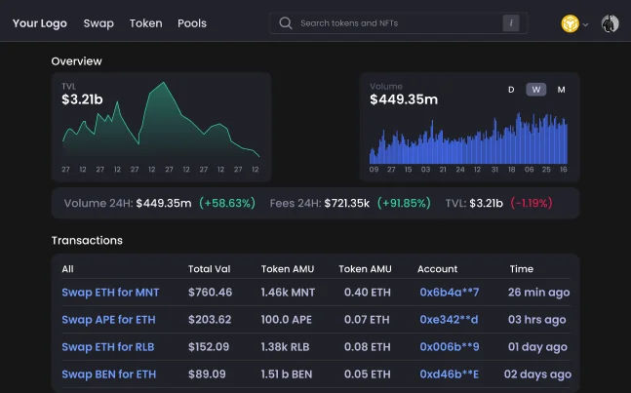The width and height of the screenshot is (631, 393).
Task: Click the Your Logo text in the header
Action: (x=40, y=23)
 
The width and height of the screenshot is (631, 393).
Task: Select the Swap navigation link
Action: (x=99, y=23)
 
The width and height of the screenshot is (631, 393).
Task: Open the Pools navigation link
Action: (x=192, y=23)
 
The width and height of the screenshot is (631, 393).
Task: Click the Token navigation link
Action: (x=145, y=23)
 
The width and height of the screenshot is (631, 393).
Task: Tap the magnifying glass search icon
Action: (x=286, y=23)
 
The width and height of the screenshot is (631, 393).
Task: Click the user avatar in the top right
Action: (x=611, y=23)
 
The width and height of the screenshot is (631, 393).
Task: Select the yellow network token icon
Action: (x=570, y=23)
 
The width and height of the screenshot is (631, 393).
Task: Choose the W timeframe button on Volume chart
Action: (x=536, y=90)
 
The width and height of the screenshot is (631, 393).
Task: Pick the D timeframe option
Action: (x=511, y=90)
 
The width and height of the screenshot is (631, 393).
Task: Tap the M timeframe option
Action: (x=561, y=90)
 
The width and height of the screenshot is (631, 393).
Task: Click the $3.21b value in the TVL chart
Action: (x=82, y=99)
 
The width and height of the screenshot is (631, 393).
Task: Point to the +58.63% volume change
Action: (x=226, y=204)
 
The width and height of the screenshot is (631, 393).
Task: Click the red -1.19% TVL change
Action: (x=531, y=204)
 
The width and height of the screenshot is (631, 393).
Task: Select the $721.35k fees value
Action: (x=347, y=204)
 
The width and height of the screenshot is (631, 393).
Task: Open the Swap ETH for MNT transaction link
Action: (x=110, y=293)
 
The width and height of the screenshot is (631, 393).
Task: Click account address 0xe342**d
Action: (x=449, y=320)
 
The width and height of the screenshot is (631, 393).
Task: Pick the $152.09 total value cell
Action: (x=209, y=347)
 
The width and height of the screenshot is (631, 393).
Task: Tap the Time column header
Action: (x=521, y=269)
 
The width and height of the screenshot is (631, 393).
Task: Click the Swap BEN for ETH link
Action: (x=108, y=374)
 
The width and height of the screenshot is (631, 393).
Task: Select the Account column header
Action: (x=437, y=269)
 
